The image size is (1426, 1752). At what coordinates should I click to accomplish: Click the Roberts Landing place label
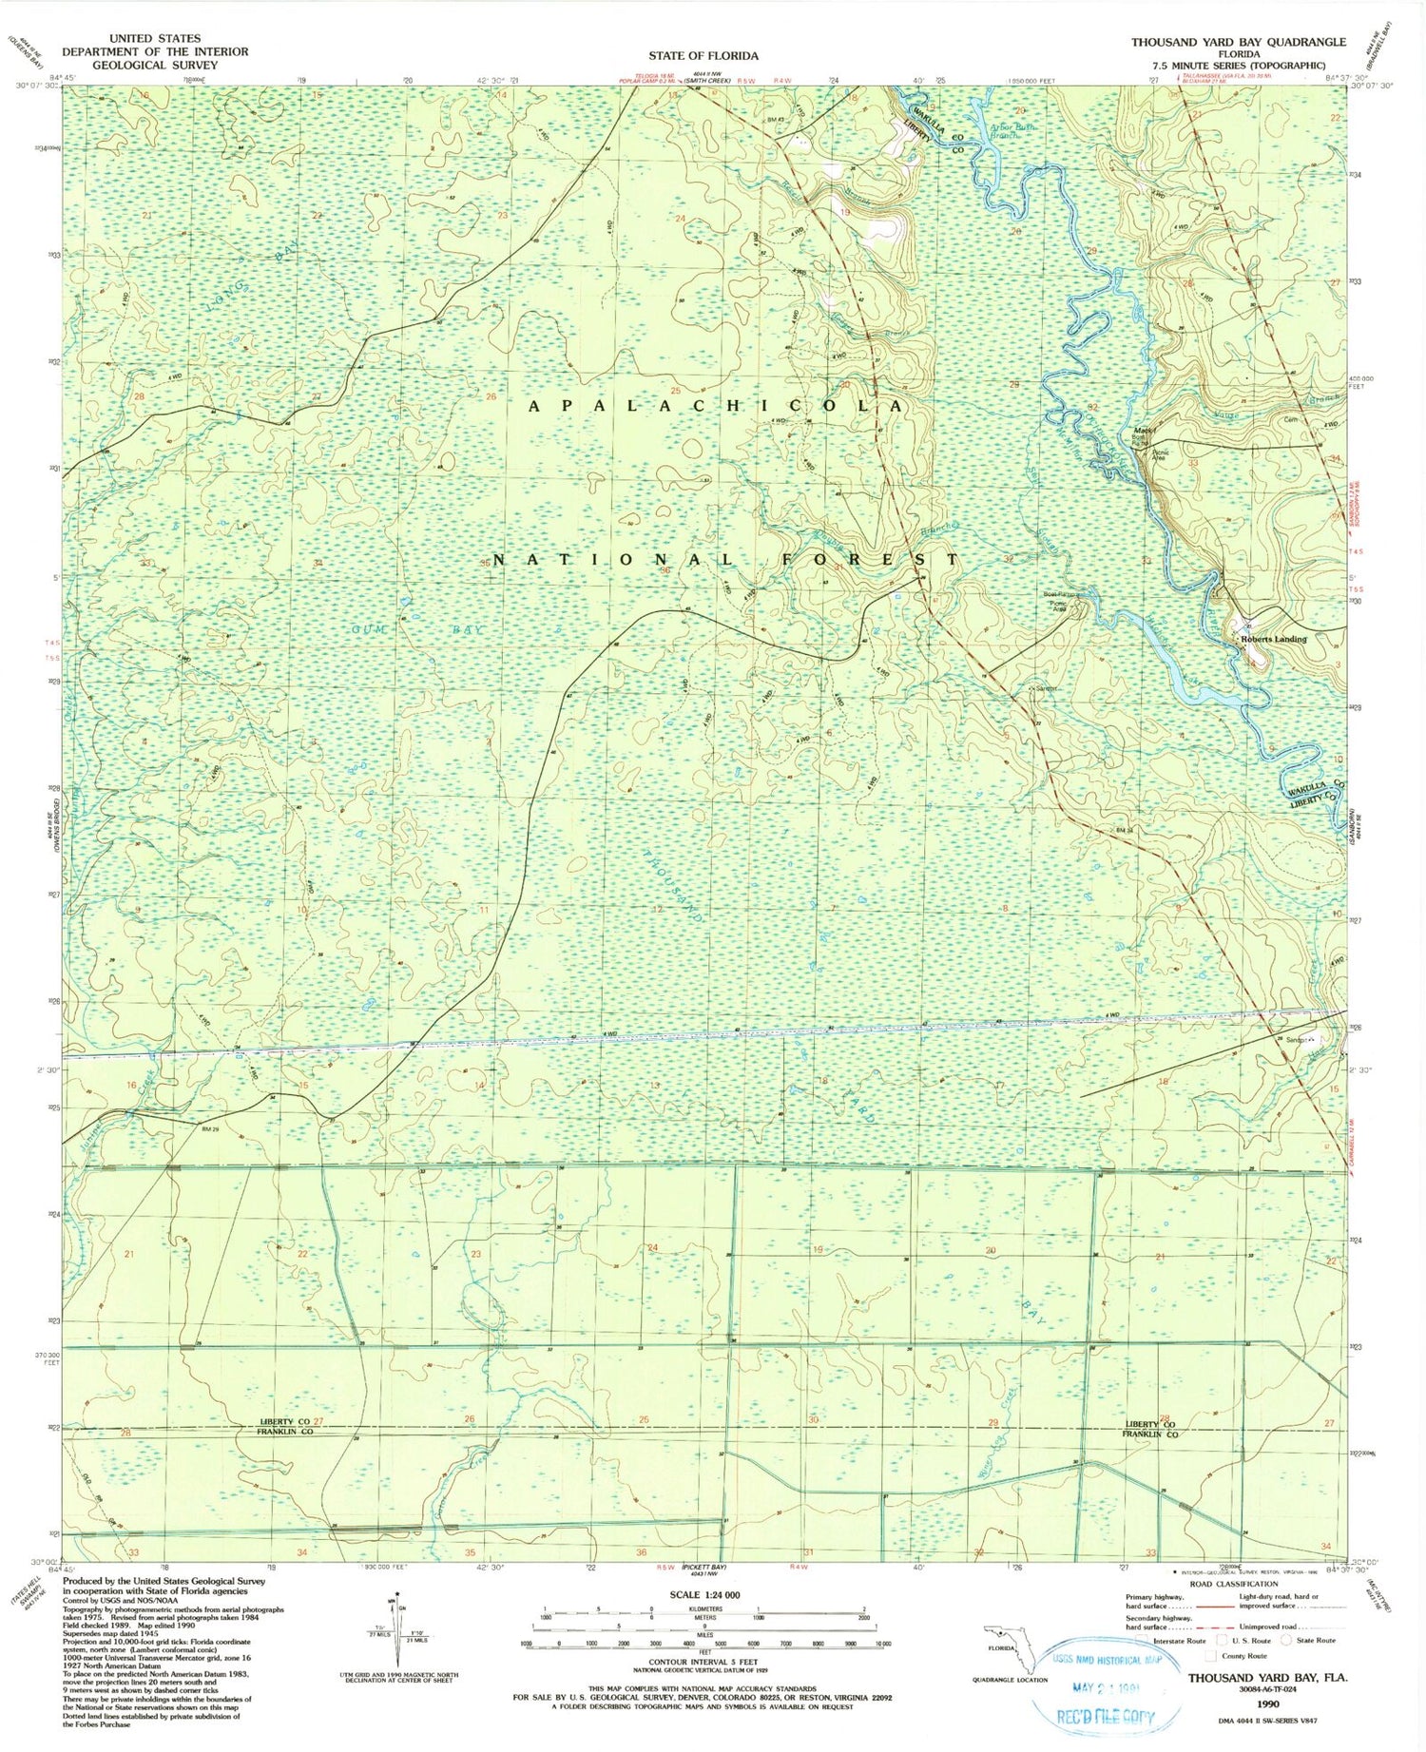coord(1273,639)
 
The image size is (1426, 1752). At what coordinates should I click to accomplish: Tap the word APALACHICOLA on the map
coord(716,406)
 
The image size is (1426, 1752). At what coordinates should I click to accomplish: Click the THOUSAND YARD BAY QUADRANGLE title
coord(1238,42)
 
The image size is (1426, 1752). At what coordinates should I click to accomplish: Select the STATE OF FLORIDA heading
coord(703,55)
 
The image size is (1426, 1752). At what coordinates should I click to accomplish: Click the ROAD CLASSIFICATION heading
coord(1243,1584)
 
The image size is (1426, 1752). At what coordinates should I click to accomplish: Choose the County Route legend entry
coord(1242,1655)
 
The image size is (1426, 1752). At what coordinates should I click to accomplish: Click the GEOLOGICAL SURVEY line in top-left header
coord(155,66)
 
